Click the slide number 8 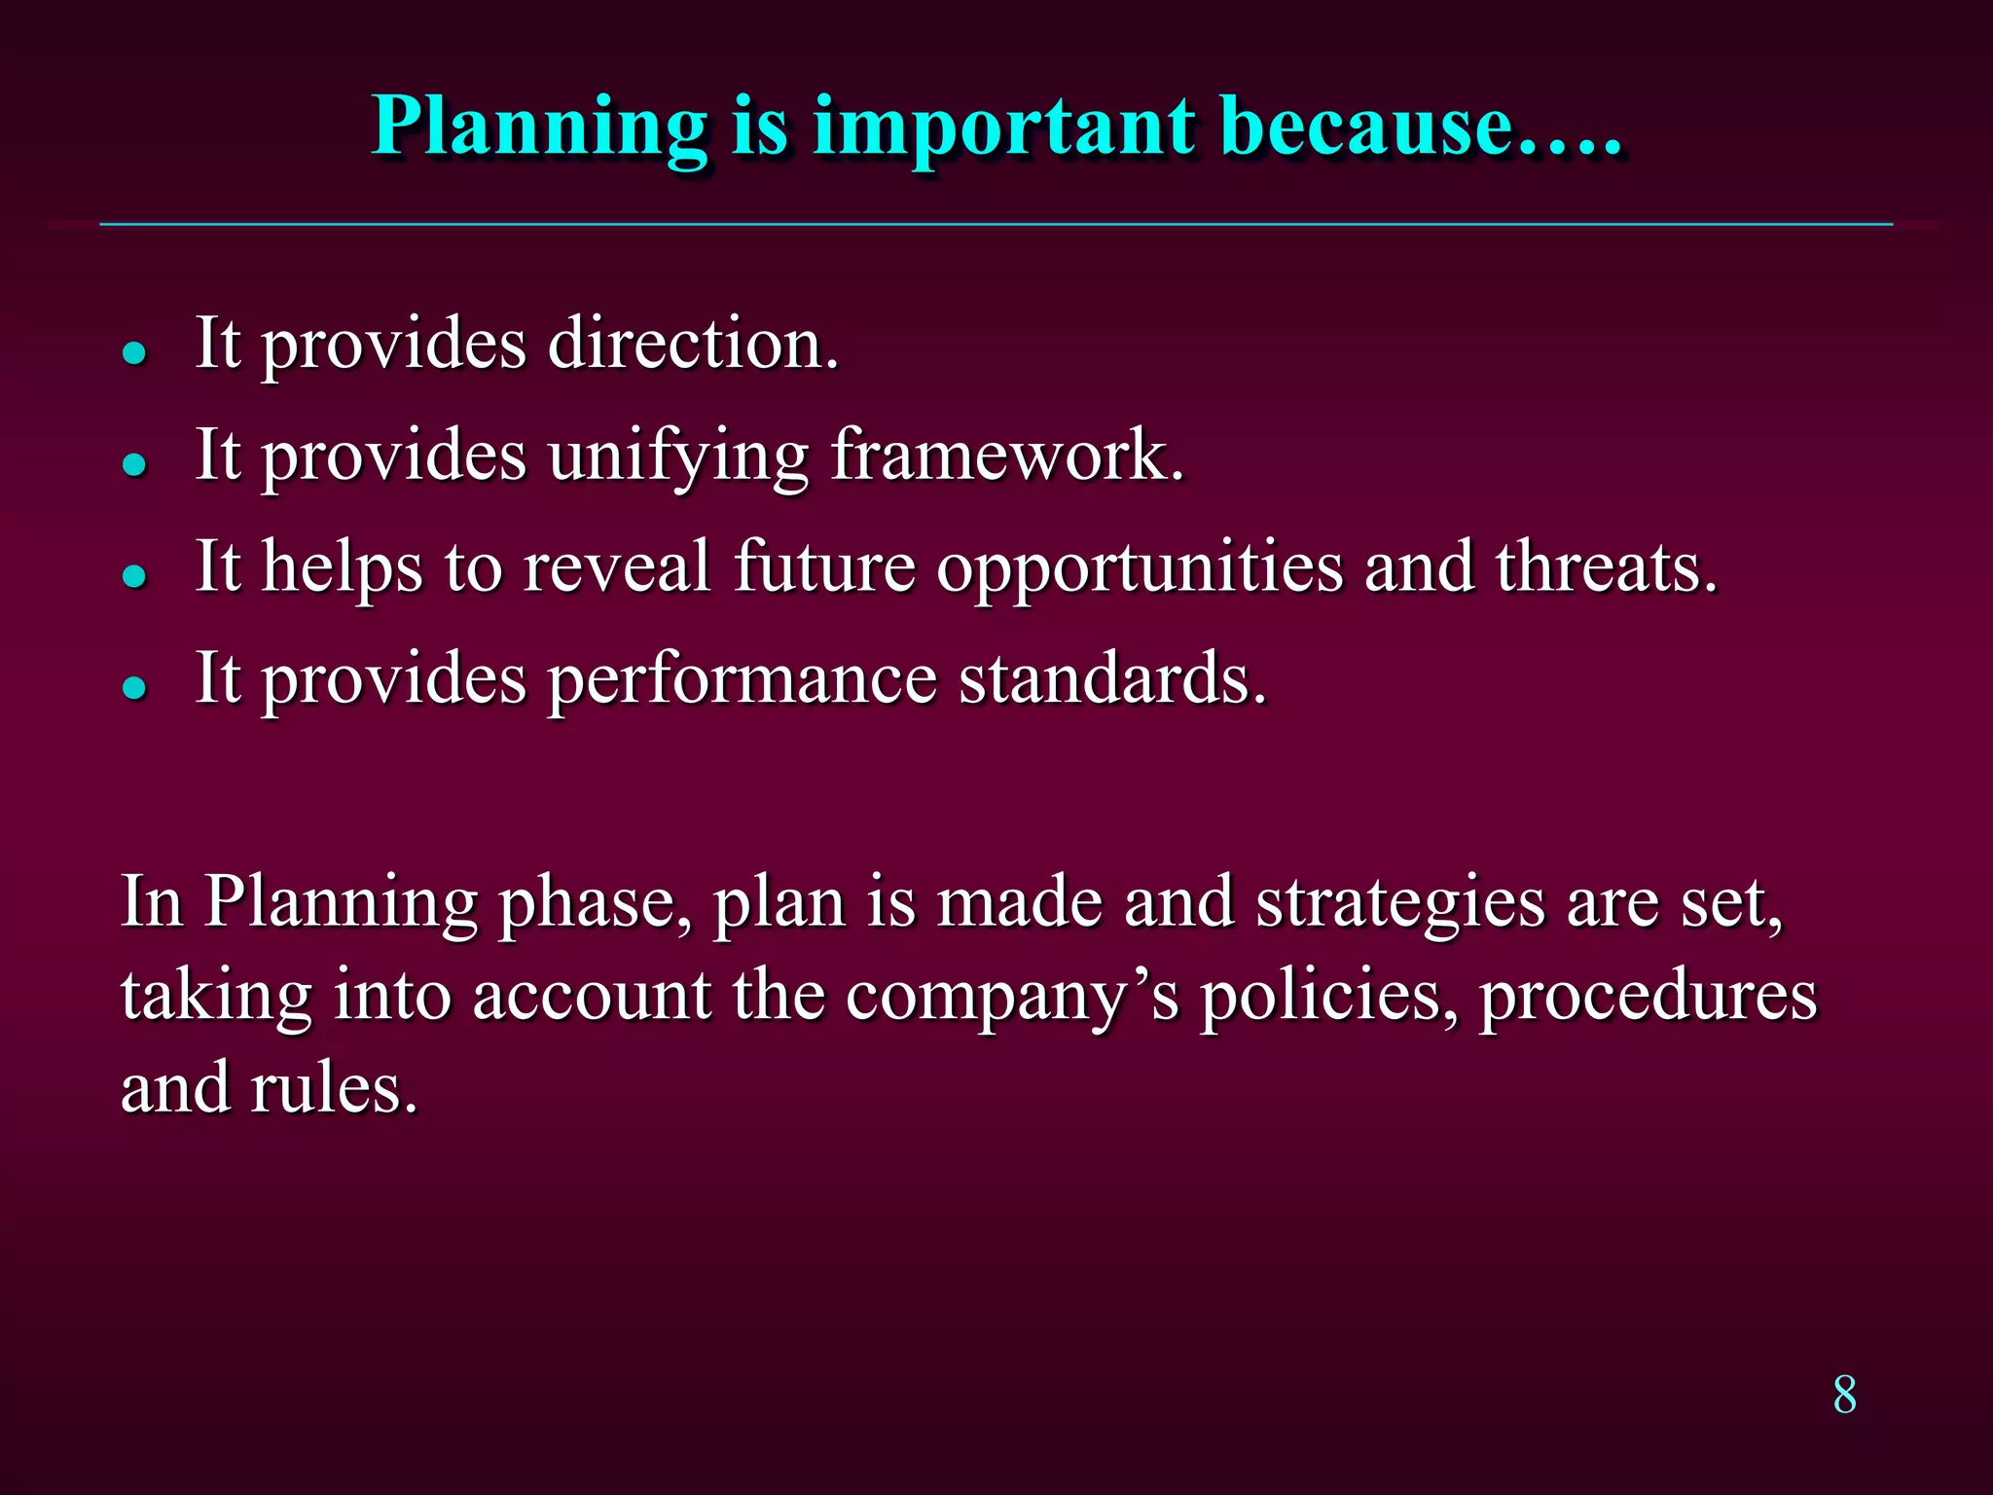point(1844,1395)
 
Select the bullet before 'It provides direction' point(134,351)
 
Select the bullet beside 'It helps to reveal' point(134,575)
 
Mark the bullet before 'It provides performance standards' point(134,687)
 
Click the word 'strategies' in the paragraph point(1400,903)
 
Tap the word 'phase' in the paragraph point(594,903)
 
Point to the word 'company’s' point(1011,997)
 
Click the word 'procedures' point(1648,997)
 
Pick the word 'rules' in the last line point(333,1088)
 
